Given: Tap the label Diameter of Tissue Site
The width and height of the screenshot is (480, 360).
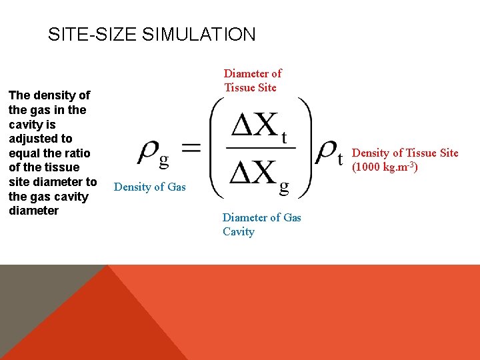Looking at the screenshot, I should (x=253, y=81).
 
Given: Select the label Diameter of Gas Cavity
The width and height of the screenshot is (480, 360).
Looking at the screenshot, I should (x=261, y=225).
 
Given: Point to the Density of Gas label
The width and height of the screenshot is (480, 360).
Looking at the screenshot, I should (x=150, y=187).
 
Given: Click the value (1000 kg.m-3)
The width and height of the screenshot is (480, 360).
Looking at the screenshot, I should (x=385, y=167).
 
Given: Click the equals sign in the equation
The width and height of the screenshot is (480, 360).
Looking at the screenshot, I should (x=191, y=149).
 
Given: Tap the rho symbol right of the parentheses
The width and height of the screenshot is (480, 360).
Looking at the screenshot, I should (x=329, y=152).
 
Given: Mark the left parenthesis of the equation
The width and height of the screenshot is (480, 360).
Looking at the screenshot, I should (x=217, y=148).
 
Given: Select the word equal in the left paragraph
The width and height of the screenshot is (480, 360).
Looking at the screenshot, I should (x=23, y=153).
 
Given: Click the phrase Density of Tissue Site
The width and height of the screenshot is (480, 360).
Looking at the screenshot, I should (x=405, y=153).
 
